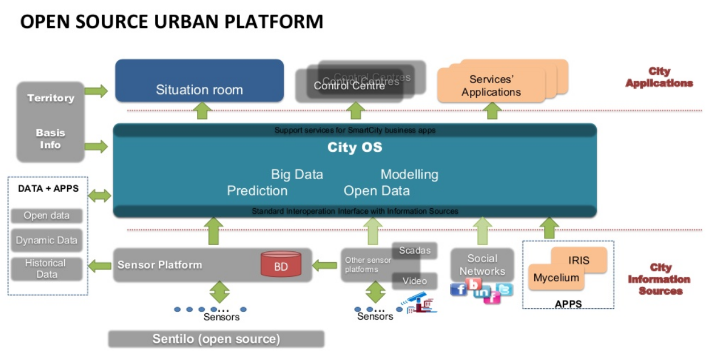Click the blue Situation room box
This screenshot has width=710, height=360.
199,80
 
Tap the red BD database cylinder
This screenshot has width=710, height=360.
280,265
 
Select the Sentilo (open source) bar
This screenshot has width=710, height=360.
216,340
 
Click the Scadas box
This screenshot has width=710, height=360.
415,251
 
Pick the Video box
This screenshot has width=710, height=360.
415,281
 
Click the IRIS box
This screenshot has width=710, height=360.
579,260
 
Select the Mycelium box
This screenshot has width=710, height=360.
556,279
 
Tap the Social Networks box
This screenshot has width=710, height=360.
482,264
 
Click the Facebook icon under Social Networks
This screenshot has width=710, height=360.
459,289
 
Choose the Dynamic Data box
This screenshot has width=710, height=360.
47,241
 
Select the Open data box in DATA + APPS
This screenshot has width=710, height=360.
47,216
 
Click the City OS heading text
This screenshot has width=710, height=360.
355,148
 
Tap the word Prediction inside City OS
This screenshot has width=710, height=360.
257,191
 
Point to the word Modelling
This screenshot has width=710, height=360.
409,175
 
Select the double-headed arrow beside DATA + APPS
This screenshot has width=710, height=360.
100,196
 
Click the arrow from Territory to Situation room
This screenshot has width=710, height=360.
96,90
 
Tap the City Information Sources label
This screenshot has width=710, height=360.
659,279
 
